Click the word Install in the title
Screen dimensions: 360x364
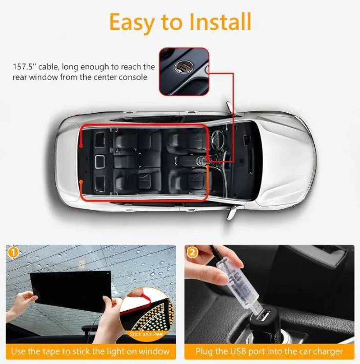pos(220,22)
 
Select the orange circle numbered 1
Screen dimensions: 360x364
pos(13,252)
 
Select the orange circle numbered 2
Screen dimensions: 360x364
pos(192,252)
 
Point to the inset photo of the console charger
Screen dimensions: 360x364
pos(184,71)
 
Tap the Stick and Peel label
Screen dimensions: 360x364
pos(147,334)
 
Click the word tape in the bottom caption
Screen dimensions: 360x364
pos(63,352)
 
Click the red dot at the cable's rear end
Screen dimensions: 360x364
pos(81,146)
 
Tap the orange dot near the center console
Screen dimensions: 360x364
pos(208,167)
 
